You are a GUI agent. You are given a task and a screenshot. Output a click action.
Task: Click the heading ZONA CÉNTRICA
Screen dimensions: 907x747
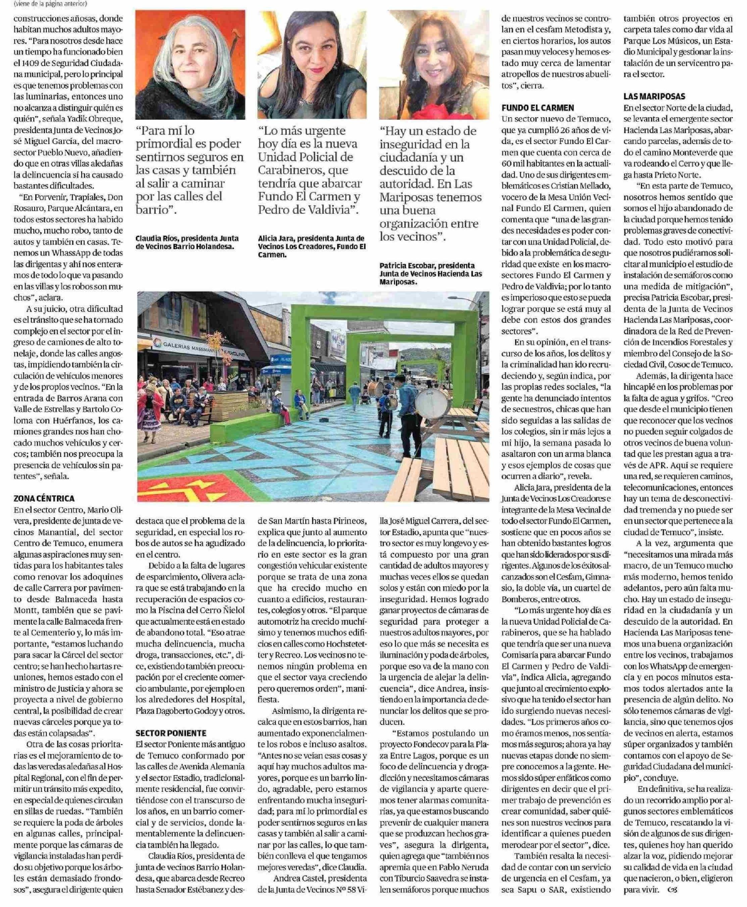pyautogui.click(x=44, y=498)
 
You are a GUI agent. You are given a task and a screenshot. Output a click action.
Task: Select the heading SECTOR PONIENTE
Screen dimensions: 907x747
pyautogui.click(x=171, y=733)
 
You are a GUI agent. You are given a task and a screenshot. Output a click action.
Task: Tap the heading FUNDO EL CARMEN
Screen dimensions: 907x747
pyautogui.click(x=538, y=108)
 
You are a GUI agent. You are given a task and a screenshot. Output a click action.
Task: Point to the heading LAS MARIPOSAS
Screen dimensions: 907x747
pyautogui.click(x=654, y=96)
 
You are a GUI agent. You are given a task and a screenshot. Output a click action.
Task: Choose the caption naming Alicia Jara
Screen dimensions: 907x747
pyautogui.click(x=311, y=246)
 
